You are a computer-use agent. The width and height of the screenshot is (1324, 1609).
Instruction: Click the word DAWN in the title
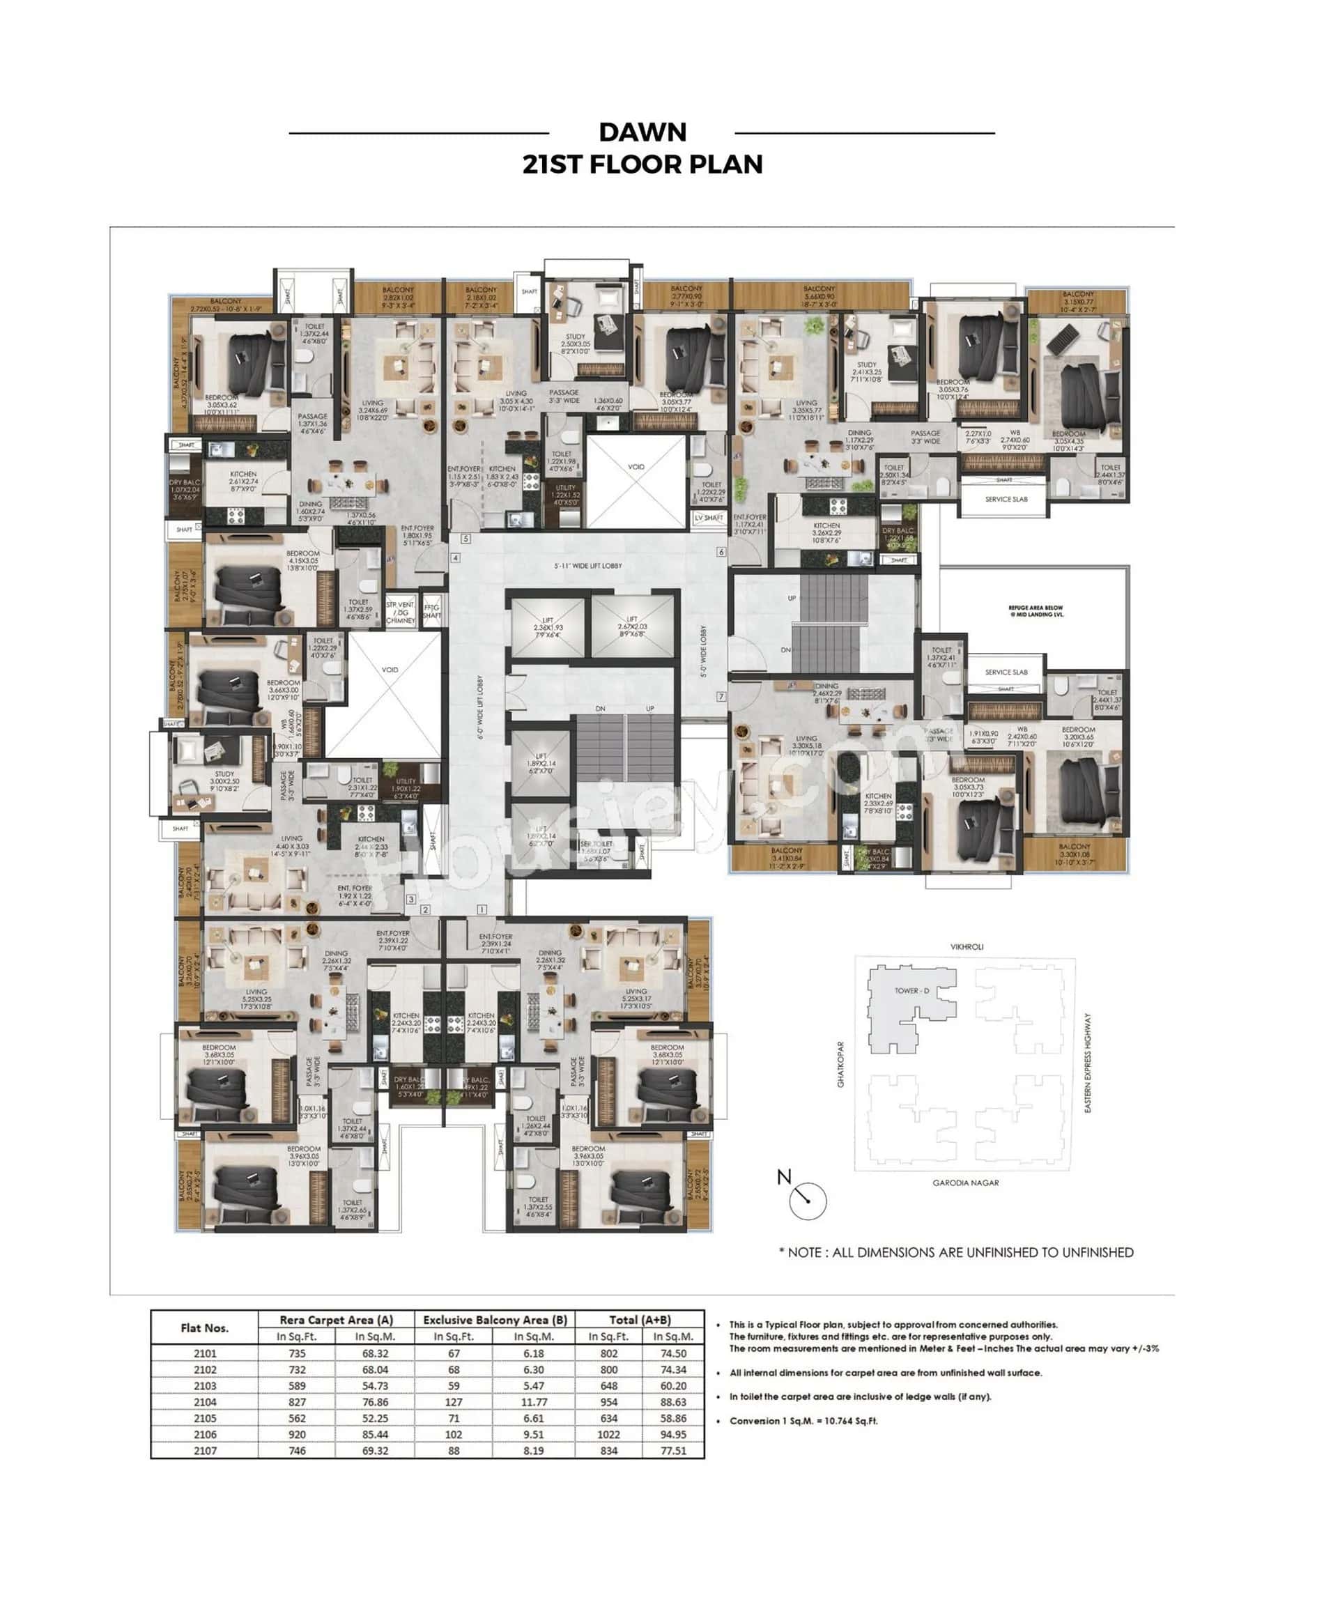(x=642, y=132)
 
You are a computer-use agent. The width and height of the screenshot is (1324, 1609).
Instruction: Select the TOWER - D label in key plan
(x=911, y=991)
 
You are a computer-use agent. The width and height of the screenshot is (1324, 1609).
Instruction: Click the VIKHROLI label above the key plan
(x=967, y=946)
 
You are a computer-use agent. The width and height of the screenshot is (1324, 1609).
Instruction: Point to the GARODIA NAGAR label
(x=965, y=1183)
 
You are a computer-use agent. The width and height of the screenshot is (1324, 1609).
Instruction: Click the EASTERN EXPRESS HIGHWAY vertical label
(x=1088, y=1062)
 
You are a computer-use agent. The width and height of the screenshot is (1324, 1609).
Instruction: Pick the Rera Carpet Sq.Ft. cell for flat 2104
(x=297, y=1401)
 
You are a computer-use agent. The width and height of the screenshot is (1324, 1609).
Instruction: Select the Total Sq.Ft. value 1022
(x=608, y=1434)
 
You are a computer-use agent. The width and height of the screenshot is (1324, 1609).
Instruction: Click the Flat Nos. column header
(x=204, y=1327)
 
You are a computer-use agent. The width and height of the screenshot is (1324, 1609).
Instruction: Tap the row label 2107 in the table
(x=204, y=1450)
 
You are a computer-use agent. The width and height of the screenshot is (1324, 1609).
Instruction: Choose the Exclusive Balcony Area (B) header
(x=494, y=1319)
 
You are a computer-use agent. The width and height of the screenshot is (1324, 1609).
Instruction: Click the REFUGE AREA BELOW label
(x=1035, y=610)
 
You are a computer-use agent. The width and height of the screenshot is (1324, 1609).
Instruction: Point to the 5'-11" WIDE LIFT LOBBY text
(x=587, y=566)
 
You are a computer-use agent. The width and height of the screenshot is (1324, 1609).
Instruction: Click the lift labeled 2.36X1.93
(x=548, y=627)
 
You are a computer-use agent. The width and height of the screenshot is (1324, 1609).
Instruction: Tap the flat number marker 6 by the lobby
(x=721, y=552)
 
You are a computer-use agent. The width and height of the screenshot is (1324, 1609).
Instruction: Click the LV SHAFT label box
(x=709, y=518)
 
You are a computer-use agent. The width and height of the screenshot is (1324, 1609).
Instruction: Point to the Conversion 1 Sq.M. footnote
(x=803, y=1421)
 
